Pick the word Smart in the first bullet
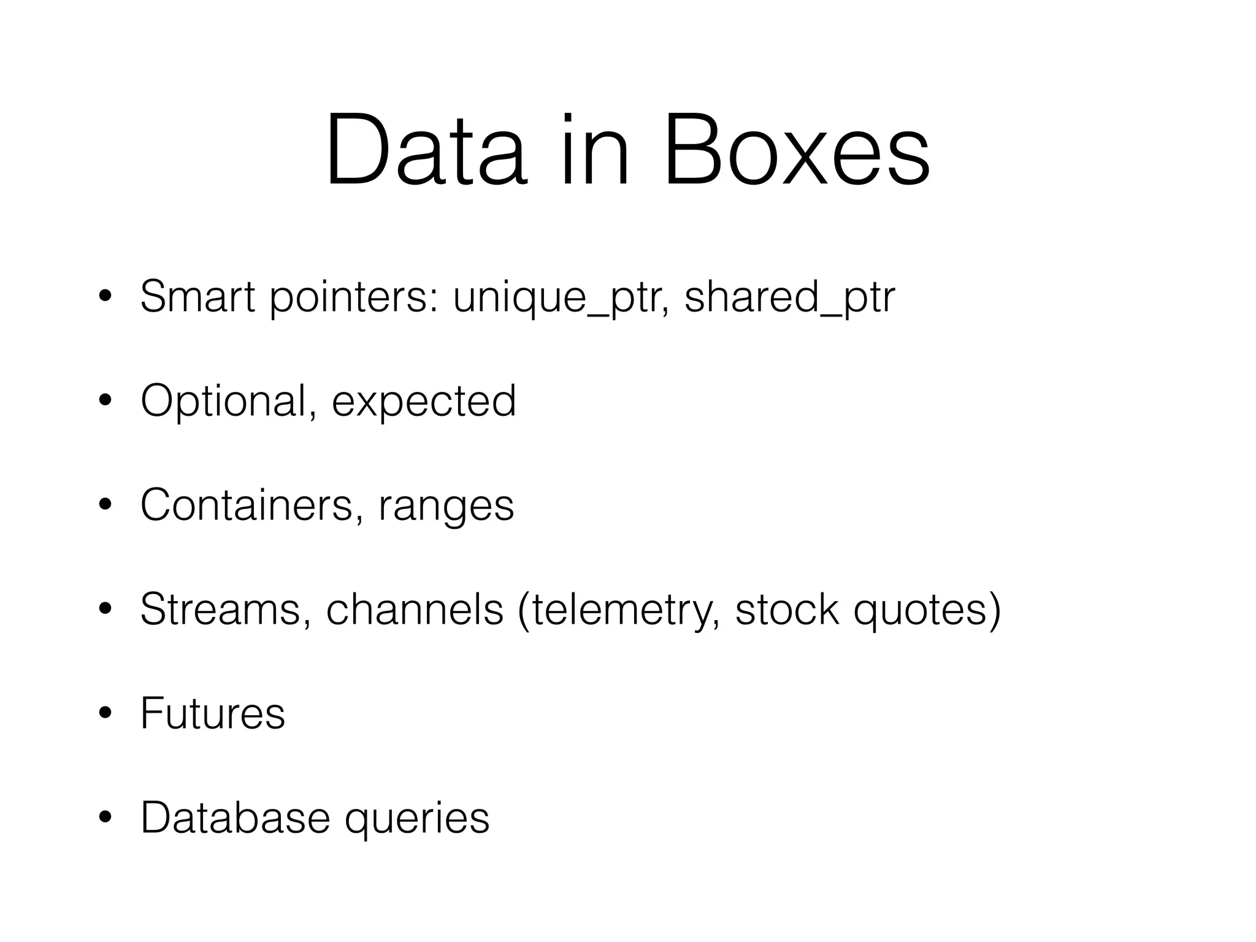[x=197, y=297]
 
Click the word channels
[x=415, y=610]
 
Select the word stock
[x=787, y=610]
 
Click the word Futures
[x=213, y=714]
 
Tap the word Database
[x=235, y=818]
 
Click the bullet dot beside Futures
[x=105, y=714]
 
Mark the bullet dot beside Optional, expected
[x=105, y=402]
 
